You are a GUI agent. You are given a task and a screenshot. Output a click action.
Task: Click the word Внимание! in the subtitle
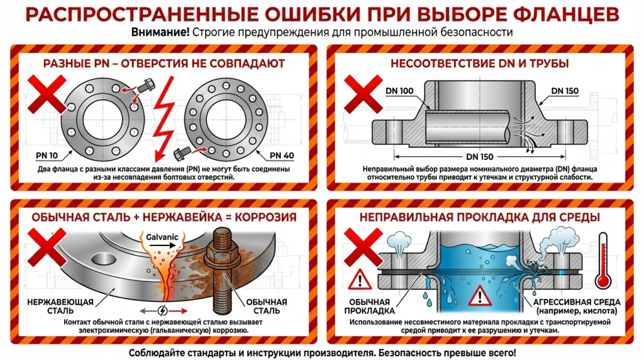160,32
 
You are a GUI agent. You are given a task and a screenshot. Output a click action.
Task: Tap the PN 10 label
43,154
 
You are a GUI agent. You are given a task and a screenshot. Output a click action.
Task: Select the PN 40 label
283,154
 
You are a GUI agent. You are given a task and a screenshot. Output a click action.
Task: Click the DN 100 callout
399,91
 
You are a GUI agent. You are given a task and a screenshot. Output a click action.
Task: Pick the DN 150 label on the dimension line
480,157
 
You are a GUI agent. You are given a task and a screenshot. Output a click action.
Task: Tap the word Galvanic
147,237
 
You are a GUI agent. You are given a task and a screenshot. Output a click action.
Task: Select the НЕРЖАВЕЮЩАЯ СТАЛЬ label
60,306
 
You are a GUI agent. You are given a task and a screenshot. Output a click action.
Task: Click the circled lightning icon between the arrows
163,310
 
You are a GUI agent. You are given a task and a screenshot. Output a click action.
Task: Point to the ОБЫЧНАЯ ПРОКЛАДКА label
369,306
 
